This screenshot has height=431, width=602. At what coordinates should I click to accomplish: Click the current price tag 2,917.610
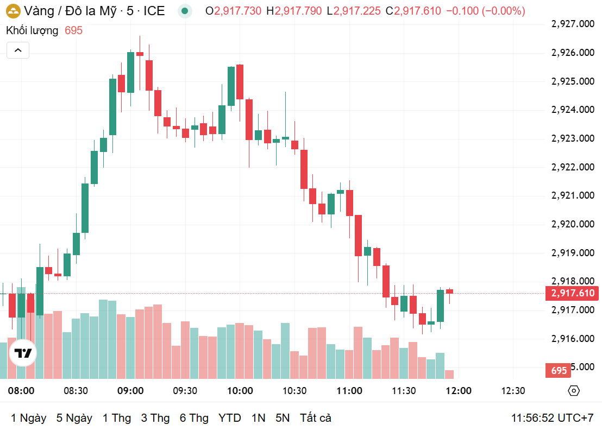pyautogui.click(x=573, y=294)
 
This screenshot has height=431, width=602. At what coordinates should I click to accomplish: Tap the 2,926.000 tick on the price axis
pyautogui.click(x=573, y=53)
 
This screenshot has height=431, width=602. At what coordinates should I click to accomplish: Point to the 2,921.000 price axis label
pyautogui.click(x=573, y=195)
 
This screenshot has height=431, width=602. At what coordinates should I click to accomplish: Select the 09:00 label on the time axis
pyautogui.click(x=130, y=391)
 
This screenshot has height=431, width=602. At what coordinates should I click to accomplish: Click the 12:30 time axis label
pyautogui.click(x=513, y=391)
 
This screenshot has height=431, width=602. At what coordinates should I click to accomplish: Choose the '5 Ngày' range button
pyautogui.click(x=74, y=418)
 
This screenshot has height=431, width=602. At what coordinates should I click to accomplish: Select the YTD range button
pyautogui.click(x=230, y=418)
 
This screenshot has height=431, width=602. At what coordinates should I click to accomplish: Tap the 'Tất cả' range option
pyautogui.click(x=316, y=418)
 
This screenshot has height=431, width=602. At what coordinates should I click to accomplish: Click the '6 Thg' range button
pyautogui.click(x=194, y=418)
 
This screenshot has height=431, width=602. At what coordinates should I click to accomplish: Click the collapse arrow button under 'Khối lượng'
pyautogui.click(x=18, y=50)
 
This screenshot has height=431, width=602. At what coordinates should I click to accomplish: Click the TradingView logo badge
pyautogui.click(x=23, y=354)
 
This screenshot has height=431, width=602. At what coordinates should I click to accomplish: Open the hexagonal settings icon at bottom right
pyautogui.click(x=574, y=391)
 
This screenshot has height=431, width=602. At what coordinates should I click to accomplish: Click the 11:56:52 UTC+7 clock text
pyautogui.click(x=552, y=418)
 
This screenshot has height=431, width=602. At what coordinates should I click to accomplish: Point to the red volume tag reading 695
pyautogui.click(x=559, y=371)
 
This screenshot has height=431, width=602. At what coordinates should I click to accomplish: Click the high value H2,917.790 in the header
pyautogui.click(x=293, y=11)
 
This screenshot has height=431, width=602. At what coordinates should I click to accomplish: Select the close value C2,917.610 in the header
pyautogui.click(x=413, y=11)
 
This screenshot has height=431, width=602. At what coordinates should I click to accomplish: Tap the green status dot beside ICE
pyautogui.click(x=186, y=11)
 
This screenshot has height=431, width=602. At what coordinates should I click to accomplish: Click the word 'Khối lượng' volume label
pyautogui.click(x=32, y=30)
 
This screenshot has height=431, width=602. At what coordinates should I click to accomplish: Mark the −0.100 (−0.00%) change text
pyautogui.click(x=486, y=11)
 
